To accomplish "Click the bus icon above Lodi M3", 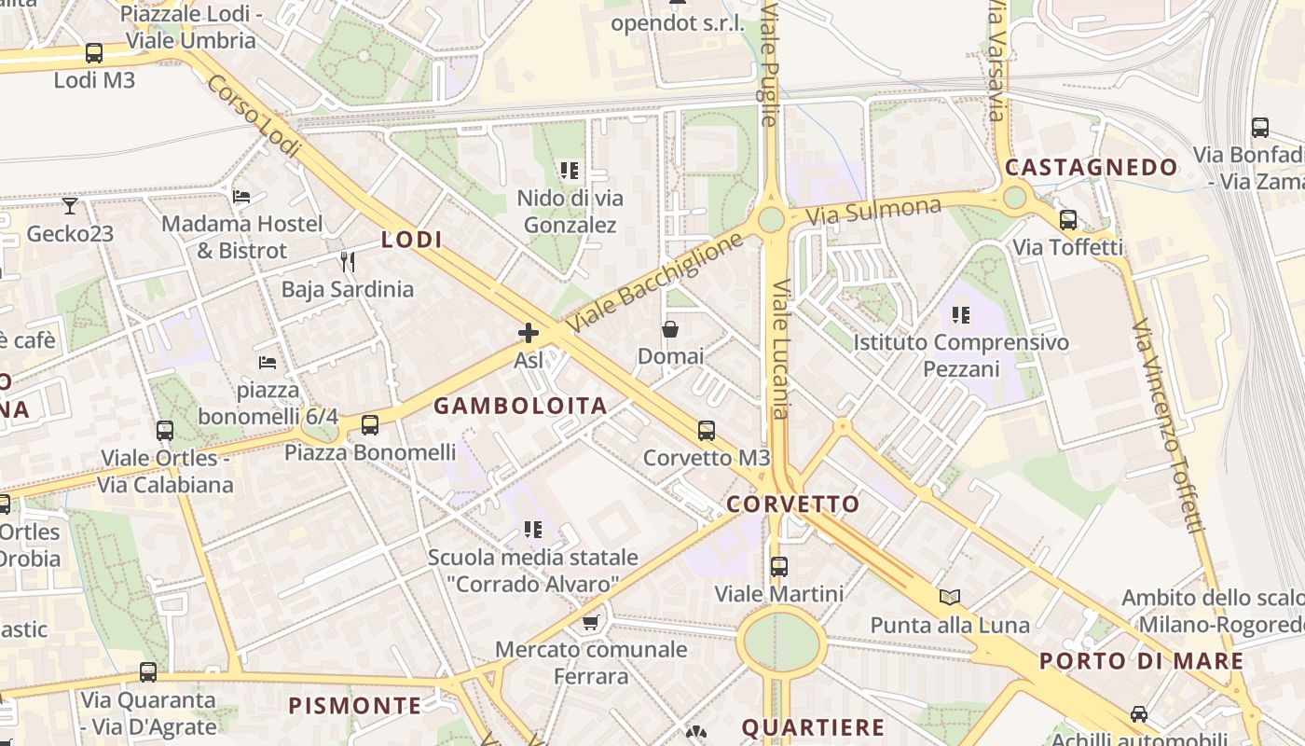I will point(93,53).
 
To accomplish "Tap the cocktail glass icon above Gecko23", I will point(70,205).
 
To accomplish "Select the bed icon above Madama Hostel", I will point(241,197).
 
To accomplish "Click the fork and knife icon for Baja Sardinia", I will point(347,261).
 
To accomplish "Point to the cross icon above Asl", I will point(529,332).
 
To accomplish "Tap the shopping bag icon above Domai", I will point(670,329).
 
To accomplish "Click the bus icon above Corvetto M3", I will point(707,431).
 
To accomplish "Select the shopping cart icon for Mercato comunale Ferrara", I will point(590,622).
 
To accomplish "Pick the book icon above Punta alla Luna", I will point(950,598).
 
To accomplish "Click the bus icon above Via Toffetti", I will point(1068,220).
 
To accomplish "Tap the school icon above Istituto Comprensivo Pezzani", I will point(961,315).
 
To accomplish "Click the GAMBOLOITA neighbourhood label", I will point(520,406).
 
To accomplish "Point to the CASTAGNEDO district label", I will point(1091,168).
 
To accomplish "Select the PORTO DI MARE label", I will point(1141,661).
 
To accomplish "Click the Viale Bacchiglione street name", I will point(656,282).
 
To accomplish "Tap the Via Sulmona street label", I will point(873,210).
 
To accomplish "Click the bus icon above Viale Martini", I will point(779,566).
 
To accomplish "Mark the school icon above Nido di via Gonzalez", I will point(570,171).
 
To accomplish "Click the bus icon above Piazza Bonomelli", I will point(370,425).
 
